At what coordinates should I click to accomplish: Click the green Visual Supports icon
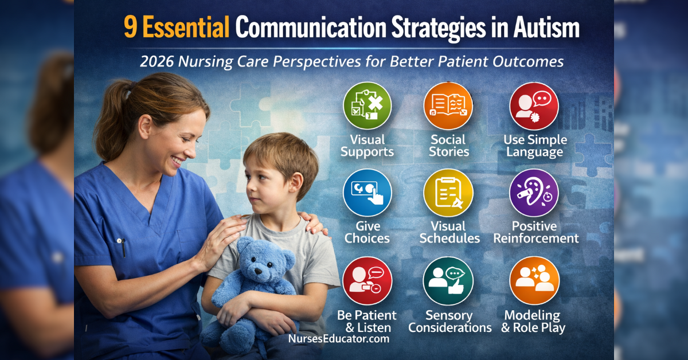point(367,107)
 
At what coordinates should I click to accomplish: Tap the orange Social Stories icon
point(448,107)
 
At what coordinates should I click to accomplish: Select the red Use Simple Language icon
point(534,107)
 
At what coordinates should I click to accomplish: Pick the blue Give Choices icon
point(367,193)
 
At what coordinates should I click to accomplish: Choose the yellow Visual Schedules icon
point(448,193)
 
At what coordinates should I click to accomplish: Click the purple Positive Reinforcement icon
point(534,193)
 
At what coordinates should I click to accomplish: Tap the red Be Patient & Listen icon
point(367,280)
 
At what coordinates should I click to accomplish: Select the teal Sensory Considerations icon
point(448,280)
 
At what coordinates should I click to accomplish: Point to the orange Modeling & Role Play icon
point(534,280)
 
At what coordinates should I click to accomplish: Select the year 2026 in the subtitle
point(157,61)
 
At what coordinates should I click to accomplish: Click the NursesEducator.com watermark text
point(338,339)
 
